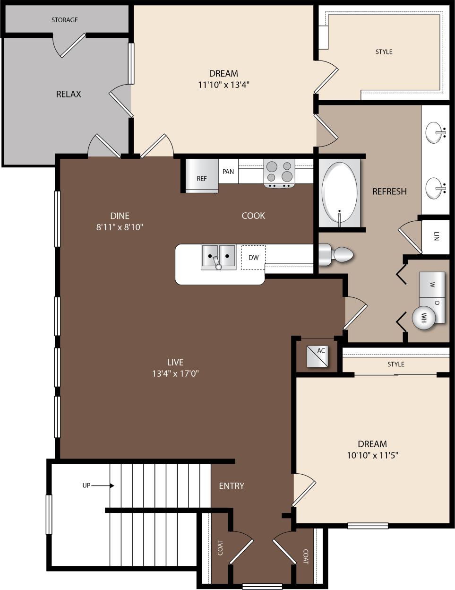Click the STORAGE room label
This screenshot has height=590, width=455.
click(65, 20)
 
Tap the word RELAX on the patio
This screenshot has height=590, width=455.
click(69, 94)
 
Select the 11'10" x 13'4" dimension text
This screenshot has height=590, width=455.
click(223, 85)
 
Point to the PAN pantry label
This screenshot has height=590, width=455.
click(228, 172)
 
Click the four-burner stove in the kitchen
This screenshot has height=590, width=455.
click(279, 172)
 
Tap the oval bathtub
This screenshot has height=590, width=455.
click(339, 191)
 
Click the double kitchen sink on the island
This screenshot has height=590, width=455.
click(218, 257)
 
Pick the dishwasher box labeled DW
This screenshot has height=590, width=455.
click(253, 258)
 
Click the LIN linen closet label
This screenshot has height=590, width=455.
click(436, 236)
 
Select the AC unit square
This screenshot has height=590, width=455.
click(318, 356)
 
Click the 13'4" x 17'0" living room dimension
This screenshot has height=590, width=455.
click(175, 373)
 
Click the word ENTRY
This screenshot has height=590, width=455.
click(232, 486)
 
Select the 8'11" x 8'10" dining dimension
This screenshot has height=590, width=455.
click(120, 227)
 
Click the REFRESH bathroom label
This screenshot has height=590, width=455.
click(389, 191)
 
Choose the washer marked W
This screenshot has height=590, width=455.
click(432, 284)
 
